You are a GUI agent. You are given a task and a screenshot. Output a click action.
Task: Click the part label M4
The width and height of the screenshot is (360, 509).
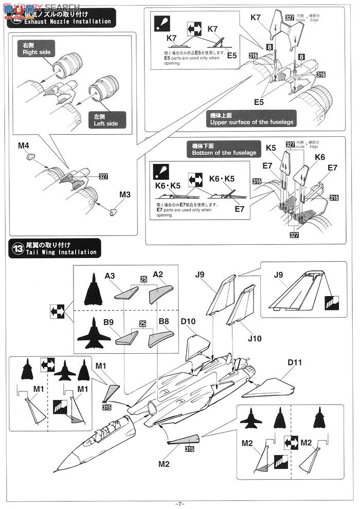(x=23, y=146)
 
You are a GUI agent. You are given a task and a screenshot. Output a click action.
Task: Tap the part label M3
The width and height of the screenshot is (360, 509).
(x=124, y=195)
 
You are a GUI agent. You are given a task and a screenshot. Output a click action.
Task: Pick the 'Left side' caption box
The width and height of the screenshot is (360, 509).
(x=105, y=120)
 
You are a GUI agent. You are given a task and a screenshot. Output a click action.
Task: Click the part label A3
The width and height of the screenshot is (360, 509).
(x=110, y=276)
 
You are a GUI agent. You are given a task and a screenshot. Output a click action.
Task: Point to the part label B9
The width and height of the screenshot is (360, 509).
(x=108, y=322)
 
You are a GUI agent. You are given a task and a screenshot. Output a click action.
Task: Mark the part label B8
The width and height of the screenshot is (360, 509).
(x=164, y=322)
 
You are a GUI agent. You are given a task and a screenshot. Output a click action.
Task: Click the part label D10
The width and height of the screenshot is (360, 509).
(x=188, y=322)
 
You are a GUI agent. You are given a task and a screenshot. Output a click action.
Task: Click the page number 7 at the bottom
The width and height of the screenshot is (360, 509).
(x=179, y=504)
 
